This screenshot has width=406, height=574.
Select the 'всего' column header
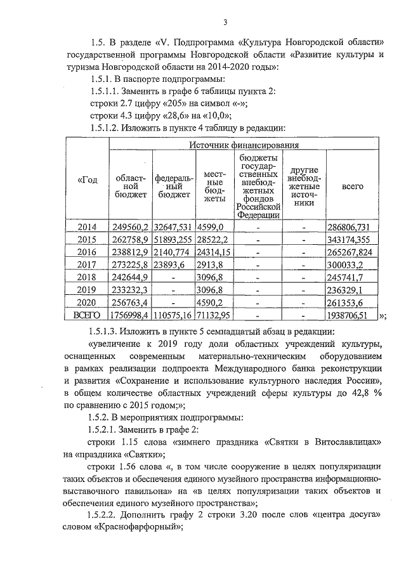click(352, 186)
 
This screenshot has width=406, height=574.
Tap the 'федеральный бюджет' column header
click(174, 186)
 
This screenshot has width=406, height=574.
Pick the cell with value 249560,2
click(130, 226)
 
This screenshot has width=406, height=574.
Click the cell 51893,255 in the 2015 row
click(174, 240)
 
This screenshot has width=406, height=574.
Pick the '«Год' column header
click(88, 179)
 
